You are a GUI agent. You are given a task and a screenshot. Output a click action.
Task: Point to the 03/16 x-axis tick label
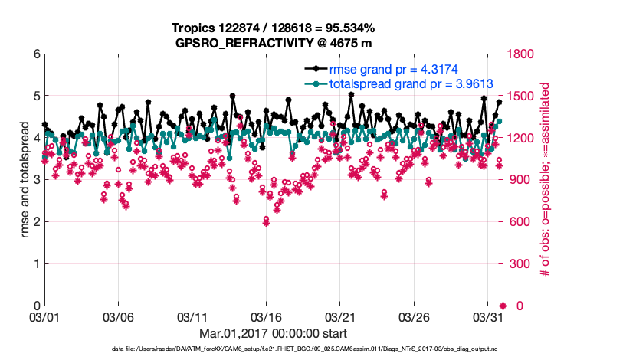click(266, 316)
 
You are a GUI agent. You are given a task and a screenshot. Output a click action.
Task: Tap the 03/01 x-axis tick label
click(44, 316)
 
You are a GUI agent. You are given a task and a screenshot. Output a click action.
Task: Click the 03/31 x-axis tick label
click(487, 316)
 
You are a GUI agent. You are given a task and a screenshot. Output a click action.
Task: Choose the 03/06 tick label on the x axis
click(118, 316)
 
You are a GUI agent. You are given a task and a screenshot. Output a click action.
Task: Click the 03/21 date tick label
click(339, 316)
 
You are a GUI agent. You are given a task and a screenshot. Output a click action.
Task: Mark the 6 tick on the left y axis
click(35, 54)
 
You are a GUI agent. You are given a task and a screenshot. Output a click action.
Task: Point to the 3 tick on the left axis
click(35, 180)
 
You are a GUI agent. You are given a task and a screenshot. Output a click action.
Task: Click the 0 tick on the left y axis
click(35, 306)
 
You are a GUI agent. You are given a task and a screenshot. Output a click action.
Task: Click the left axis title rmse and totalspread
click(25, 180)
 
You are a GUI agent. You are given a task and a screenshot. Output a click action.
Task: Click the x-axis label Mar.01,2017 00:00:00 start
click(273, 333)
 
